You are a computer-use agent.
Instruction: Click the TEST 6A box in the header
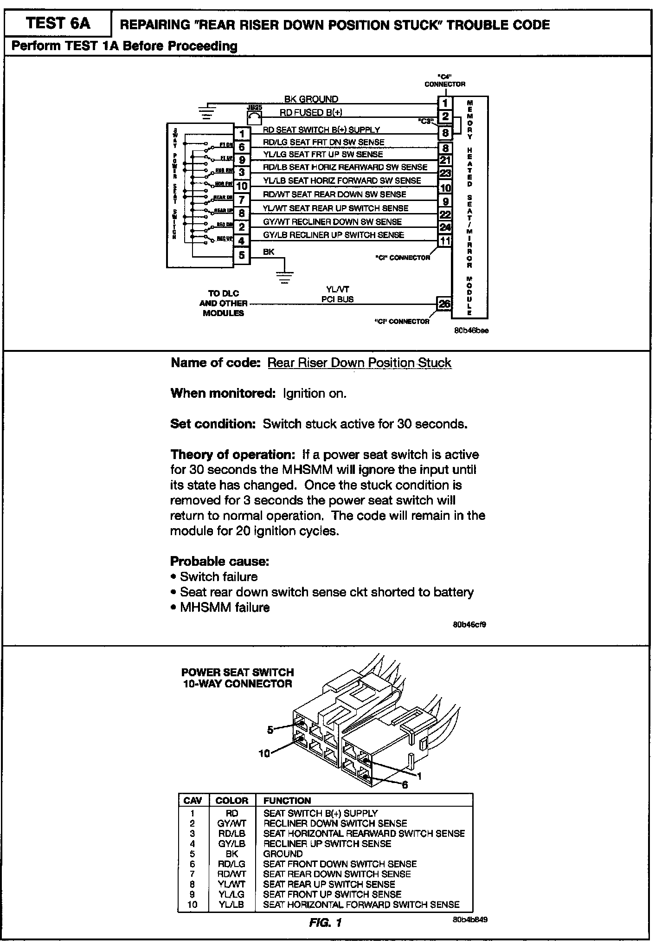click(58, 23)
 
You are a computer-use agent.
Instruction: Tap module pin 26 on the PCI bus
click(444, 304)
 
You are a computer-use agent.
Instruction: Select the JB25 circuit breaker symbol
click(255, 117)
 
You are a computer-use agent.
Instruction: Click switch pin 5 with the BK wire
click(242, 255)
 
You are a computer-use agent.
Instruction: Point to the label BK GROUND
click(311, 99)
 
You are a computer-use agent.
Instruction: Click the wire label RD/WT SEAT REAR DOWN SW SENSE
click(334, 194)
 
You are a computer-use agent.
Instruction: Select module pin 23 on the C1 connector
click(445, 173)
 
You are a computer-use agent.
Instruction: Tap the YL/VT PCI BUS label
click(337, 295)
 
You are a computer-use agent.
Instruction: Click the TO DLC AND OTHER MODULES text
click(223, 303)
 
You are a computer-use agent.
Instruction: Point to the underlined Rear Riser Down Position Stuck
click(359, 362)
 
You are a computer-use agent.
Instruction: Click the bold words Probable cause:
click(219, 561)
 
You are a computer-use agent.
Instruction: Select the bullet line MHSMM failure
click(225, 607)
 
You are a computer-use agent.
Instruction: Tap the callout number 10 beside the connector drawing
click(264, 753)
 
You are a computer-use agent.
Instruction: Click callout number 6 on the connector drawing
click(405, 784)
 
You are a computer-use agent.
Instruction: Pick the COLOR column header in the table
click(232, 800)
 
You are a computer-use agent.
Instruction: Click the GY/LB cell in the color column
click(232, 843)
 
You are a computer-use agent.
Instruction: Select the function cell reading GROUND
click(283, 854)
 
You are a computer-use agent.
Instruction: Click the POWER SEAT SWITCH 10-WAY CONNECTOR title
click(238, 678)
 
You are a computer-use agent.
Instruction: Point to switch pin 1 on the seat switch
click(242, 135)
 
